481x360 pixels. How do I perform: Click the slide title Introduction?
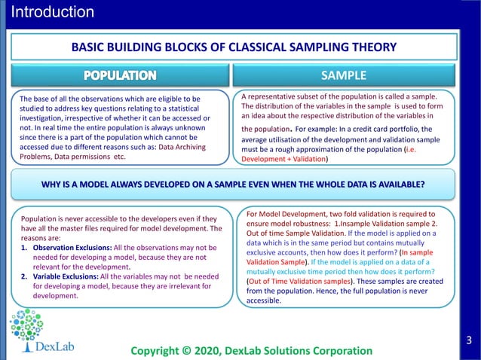(x=53, y=12)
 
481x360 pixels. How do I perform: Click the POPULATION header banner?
(x=120, y=75)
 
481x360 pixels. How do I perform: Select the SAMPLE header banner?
(x=343, y=75)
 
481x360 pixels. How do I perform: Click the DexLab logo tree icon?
(x=25, y=329)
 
